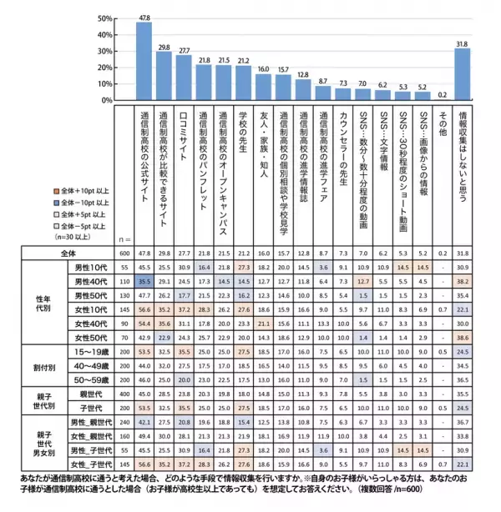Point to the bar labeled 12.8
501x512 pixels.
(x=301, y=89)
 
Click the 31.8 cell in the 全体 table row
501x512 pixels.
(x=462, y=253)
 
